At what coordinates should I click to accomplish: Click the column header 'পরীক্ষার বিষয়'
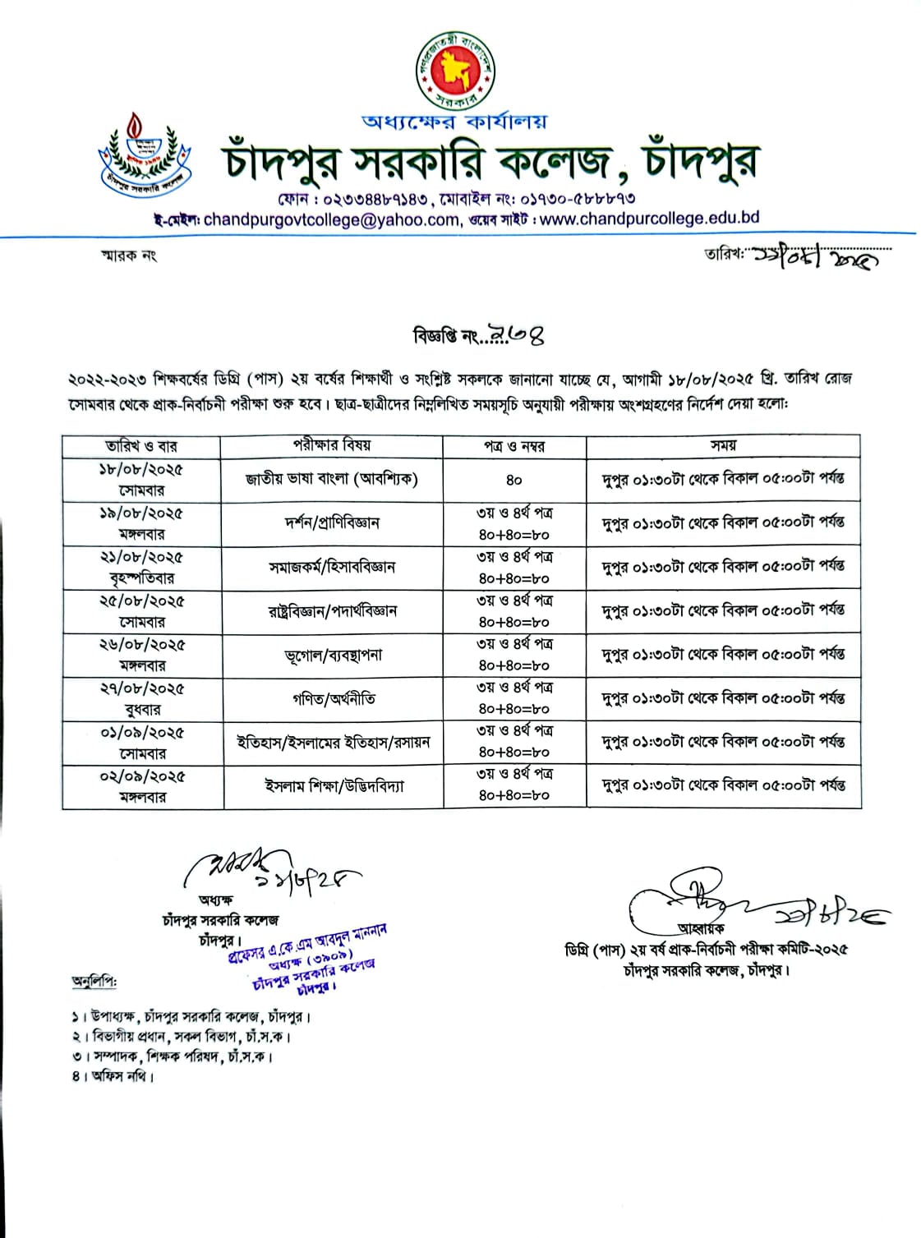(332, 445)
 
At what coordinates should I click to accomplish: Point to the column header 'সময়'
(723, 445)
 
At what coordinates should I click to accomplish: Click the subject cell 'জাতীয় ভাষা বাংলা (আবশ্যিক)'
(332, 479)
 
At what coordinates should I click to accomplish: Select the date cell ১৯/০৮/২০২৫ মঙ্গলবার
(141, 523)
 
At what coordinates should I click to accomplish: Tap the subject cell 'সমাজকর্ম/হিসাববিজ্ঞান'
(332, 567)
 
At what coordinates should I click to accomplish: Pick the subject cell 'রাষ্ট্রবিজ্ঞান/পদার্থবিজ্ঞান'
(332, 611)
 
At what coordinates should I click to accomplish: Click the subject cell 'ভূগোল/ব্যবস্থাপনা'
(332, 655)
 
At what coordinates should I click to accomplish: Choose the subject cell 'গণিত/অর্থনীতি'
(332, 698)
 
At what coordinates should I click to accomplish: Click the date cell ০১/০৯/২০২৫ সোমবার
(141, 743)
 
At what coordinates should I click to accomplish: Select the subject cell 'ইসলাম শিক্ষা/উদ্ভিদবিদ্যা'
(332, 786)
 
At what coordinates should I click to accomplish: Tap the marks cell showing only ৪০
(513, 480)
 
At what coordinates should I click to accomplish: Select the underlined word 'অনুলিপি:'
(94, 982)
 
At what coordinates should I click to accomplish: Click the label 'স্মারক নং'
(128, 255)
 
